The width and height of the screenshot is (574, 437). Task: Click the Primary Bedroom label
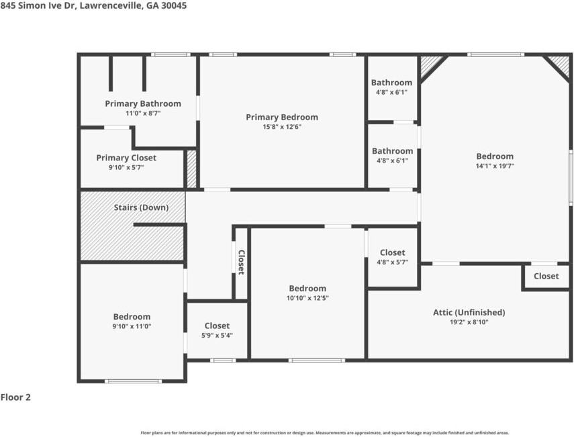click(x=281, y=117)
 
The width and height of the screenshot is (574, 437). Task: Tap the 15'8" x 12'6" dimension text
click(x=281, y=127)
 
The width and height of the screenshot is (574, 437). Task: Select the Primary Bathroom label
click(x=143, y=103)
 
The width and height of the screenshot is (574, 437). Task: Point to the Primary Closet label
click(x=126, y=158)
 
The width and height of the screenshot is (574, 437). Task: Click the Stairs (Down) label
click(x=141, y=207)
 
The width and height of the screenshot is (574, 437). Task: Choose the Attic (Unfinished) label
click(x=469, y=312)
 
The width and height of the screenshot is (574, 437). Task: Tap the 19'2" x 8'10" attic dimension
click(x=469, y=322)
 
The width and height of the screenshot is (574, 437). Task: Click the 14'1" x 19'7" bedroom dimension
click(x=495, y=166)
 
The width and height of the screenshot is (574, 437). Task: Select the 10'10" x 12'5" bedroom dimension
click(x=307, y=298)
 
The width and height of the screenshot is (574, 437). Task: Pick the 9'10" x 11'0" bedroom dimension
click(x=132, y=326)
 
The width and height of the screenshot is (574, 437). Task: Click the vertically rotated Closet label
click(x=241, y=262)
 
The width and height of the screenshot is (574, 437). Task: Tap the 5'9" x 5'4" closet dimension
click(x=217, y=336)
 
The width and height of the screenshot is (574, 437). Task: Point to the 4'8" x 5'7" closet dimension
click(x=392, y=262)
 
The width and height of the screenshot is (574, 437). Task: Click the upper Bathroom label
click(x=392, y=83)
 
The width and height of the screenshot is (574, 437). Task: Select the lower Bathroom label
click(x=392, y=151)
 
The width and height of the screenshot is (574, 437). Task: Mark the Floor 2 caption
click(x=15, y=397)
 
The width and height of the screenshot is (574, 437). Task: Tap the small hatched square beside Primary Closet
click(x=191, y=168)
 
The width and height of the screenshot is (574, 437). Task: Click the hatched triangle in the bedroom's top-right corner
click(x=559, y=65)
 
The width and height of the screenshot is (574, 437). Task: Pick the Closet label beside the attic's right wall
click(x=546, y=276)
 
